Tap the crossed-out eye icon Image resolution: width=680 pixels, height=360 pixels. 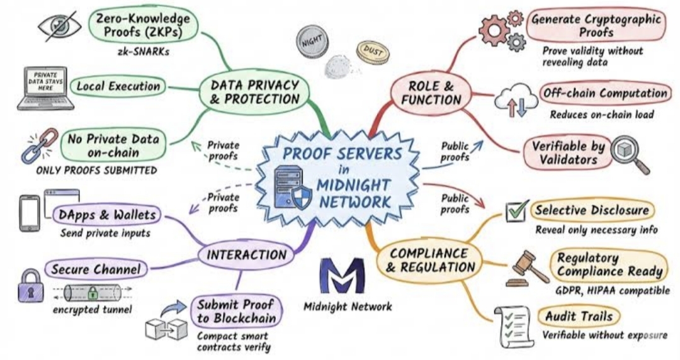click(59, 25)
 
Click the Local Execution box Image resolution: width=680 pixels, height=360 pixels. click(118, 86)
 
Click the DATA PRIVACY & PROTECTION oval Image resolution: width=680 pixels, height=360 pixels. click(255, 92)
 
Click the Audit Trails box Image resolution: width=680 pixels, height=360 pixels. click(579, 316)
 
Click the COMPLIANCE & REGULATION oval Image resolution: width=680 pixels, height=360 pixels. click(429, 261)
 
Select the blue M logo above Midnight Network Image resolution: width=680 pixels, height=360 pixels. click(342, 275)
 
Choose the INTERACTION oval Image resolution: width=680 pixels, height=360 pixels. click(246, 256)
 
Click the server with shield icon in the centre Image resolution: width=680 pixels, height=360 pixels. click(292, 188)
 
